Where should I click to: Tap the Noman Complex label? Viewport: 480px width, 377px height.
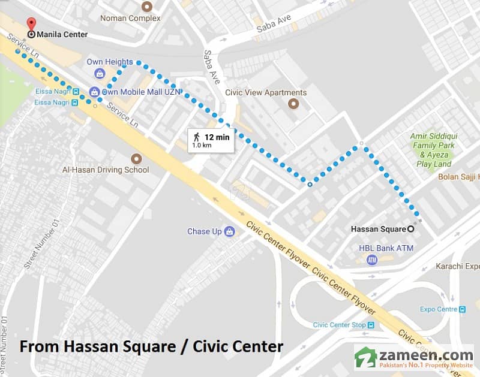(130, 19)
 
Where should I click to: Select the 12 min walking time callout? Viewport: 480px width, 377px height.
(209, 138)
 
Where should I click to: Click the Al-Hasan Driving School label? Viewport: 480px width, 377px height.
(106, 170)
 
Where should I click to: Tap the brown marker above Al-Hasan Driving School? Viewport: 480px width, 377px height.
(137, 158)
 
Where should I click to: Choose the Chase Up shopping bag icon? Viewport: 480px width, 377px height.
(229, 231)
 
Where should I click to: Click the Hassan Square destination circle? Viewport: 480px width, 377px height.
(411, 228)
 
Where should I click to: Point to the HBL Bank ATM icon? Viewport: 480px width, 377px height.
(371, 260)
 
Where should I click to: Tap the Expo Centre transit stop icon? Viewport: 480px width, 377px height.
(462, 309)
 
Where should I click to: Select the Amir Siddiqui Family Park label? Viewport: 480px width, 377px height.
(433, 141)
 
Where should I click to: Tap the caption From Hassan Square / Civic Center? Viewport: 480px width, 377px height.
(151, 346)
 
